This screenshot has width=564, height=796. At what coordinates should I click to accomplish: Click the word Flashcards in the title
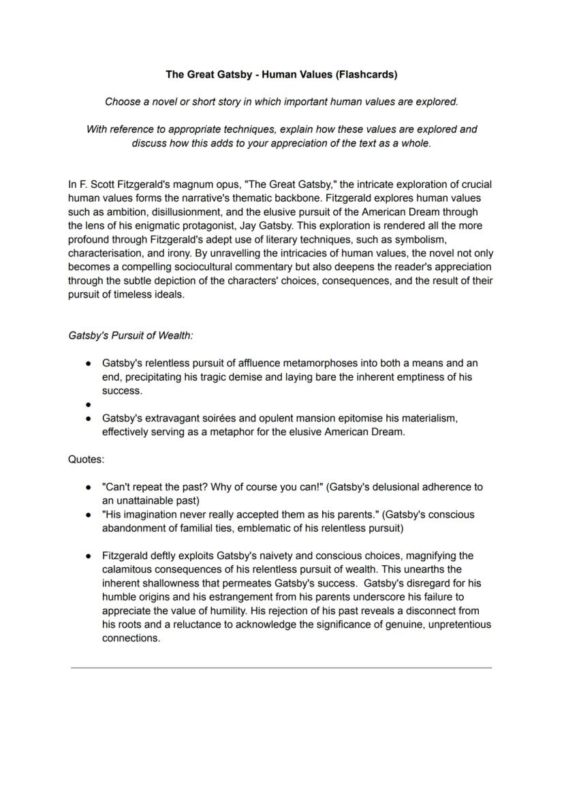[368, 74]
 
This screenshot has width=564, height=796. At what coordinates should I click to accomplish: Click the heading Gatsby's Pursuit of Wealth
[130, 336]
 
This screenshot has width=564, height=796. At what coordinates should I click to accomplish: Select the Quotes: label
[86, 459]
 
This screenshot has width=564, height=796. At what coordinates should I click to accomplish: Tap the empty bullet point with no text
[89, 404]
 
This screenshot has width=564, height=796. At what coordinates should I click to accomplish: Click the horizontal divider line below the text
[281, 668]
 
